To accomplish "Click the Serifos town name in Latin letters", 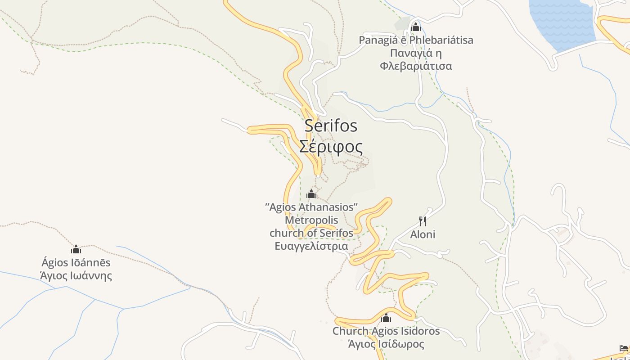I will (331, 126).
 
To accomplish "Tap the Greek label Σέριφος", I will (331, 147).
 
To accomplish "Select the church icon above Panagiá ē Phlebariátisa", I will (415, 27).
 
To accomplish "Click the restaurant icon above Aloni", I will (423, 221).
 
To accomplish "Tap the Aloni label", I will (423, 234).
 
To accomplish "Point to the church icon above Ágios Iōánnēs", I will (76, 249).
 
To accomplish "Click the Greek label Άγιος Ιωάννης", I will (76, 275).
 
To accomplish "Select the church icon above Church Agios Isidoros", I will (386, 318).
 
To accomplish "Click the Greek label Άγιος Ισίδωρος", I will (386, 344).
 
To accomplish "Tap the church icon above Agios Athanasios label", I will (311, 194).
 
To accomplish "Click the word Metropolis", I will (311, 220).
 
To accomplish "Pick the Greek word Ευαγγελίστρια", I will (311, 246).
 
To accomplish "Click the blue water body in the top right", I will (562, 22).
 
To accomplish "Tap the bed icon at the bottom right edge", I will (623, 348).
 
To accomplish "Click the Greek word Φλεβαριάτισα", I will (416, 66).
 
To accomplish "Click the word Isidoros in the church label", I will (418, 331).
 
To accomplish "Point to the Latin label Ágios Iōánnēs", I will (76, 262).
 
